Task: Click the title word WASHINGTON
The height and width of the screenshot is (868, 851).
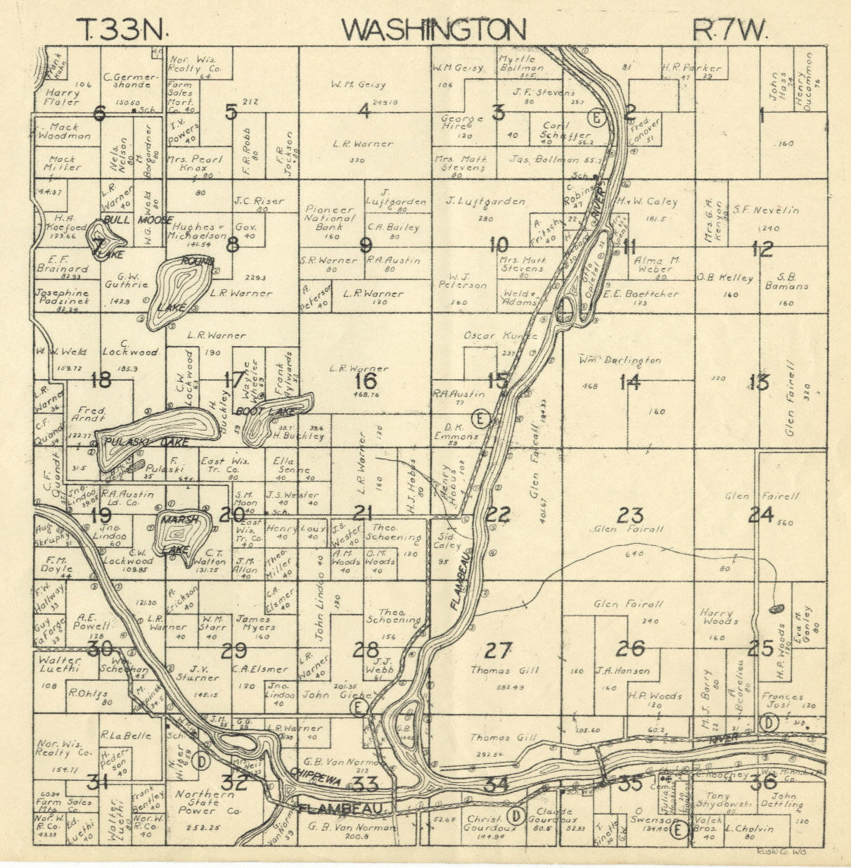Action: pyautogui.click(x=433, y=30)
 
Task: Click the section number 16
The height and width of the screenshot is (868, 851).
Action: pyautogui.click(x=366, y=381)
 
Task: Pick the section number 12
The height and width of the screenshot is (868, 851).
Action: pyautogui.click(x=762, y=248)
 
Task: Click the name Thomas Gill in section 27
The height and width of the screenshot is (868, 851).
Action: pyautogui.click(x=504, y=670)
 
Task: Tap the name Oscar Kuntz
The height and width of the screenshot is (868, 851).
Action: pyautogui.click(x=500, y=336)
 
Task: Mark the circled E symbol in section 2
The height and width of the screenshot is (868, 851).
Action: pyautogui.click(x=596, y=117)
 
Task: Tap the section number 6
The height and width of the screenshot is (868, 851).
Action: pyautogui.click(x=98, y=113)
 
